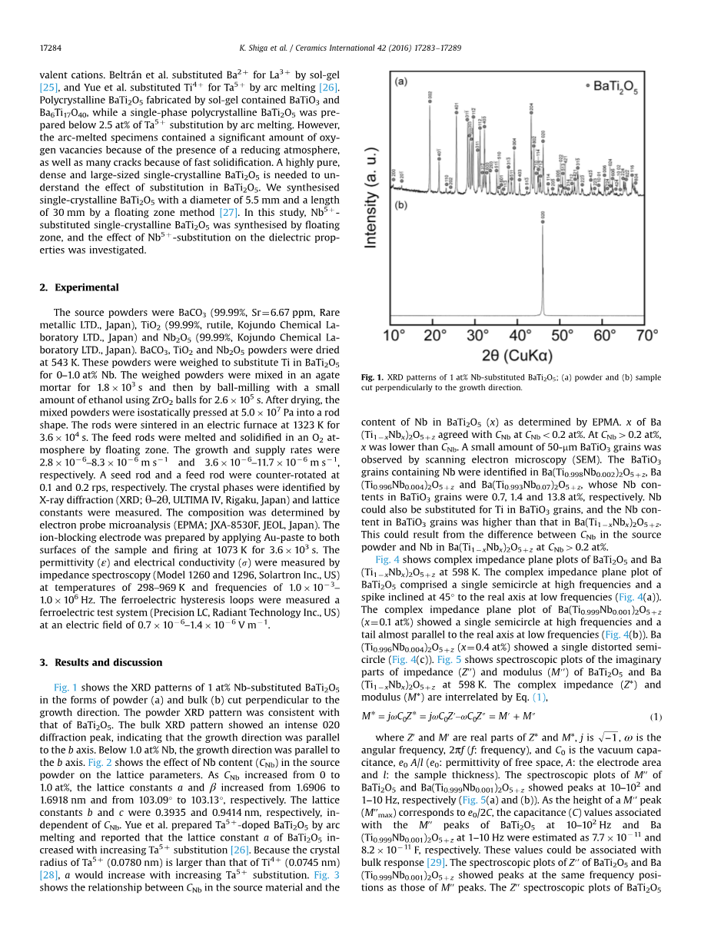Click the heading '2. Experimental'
coord(78,287)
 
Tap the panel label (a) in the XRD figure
coord(400,80)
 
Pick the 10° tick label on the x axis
coord(394,336)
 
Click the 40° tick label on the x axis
coord(520,336)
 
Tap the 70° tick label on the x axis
coord(647,336)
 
